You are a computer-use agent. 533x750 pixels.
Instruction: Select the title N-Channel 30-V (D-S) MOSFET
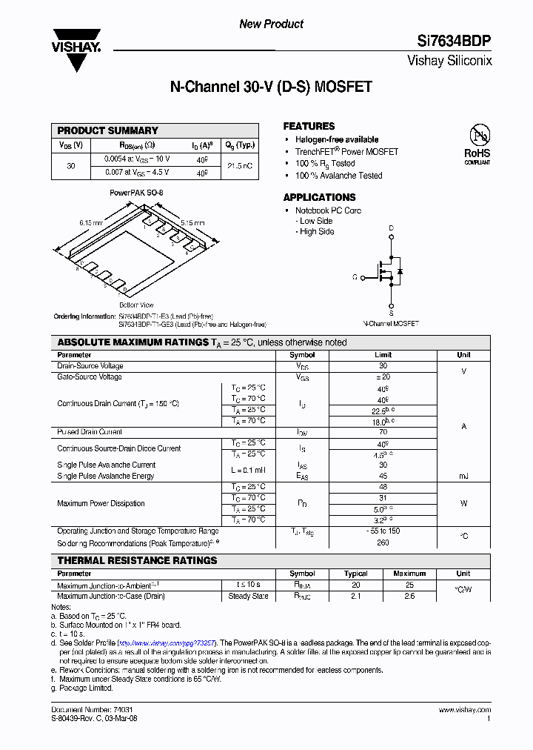[x=271, y=87]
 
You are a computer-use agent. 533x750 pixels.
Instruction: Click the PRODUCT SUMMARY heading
[x=108, y=130]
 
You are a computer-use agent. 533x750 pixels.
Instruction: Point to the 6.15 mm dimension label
[x=91, y=222]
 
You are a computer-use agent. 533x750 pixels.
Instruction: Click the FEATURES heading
[x=309, y=126]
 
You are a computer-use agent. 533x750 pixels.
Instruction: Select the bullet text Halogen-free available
[x=337, y=139]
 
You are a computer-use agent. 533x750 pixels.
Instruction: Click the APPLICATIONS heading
[x=319, y=197]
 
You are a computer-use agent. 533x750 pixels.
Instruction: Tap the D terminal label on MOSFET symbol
[x=391, y=228]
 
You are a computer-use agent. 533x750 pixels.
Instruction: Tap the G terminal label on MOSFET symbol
[x=355, y=276]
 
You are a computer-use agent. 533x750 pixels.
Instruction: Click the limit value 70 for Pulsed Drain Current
[x=383, y=432]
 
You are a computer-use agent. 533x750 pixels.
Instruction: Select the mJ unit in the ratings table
[x=463, y=476]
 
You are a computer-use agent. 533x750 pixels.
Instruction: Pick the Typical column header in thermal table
[x=356, y=574]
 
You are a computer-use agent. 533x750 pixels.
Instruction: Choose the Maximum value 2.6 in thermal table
[x=409, y=596]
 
